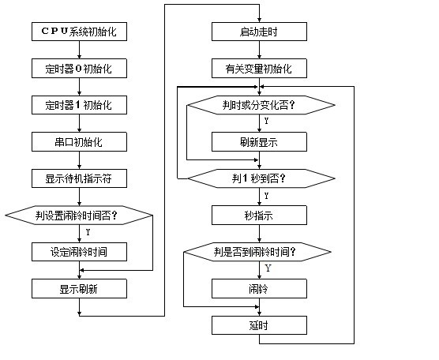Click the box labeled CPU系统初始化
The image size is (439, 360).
click(79, 32)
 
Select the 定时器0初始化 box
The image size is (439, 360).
click(79, 69)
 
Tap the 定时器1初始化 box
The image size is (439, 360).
click(79, 105)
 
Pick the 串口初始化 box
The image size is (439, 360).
click(79, 142)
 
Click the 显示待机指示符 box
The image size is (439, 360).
click(79, 178)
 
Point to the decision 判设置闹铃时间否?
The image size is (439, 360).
click(79, 216)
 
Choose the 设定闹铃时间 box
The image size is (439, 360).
click(79, 252)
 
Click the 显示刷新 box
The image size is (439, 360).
click(79, 289)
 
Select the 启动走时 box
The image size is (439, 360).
click(259, 32)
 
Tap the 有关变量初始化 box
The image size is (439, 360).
click(259, 69)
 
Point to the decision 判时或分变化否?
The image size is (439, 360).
click(261, 105)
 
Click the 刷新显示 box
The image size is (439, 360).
click(259, 142)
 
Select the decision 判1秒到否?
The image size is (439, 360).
click(261, 178)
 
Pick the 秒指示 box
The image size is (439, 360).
click(259, 216)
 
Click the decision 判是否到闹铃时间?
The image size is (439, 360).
click(257, 252)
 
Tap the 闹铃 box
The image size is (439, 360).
click(259, 289)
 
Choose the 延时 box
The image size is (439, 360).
click(259, 325)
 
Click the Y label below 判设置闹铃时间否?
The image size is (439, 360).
click(88, 232)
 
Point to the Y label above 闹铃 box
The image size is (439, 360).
click(268, 268)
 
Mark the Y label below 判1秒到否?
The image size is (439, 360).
click(266, 196)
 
